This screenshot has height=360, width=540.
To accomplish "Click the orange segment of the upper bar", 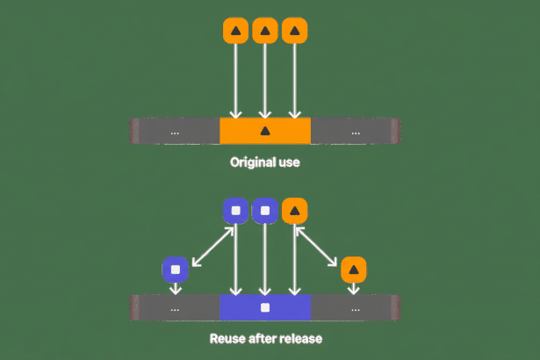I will (265, 131).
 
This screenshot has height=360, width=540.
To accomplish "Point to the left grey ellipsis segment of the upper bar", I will (176, 131).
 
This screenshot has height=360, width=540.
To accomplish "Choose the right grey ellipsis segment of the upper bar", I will (355, 131).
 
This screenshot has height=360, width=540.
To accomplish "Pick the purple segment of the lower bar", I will (265, 307).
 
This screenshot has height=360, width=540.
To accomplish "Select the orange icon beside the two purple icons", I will (295, 211).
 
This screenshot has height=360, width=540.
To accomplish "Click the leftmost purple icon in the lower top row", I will (234, 211).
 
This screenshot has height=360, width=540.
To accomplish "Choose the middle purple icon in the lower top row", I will (265, 211).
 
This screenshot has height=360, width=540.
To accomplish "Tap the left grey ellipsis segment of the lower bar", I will (176, 307).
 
